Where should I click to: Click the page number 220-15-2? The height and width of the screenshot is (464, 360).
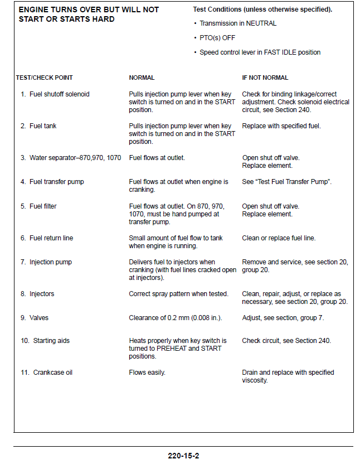(183, 455)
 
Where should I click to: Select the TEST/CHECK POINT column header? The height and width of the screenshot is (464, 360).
(44, 78)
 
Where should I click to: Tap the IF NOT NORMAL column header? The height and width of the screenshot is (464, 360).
(265, 78)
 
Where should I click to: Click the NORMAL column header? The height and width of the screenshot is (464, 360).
(142, 78)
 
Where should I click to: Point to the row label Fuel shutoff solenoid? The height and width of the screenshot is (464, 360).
(59, 94)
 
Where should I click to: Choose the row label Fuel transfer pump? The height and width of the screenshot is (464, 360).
(56, 182)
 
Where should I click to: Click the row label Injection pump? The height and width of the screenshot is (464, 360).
(50, 262)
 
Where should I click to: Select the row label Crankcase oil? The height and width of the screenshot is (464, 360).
(52, 372)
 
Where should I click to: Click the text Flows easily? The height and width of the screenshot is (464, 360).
(147, 372)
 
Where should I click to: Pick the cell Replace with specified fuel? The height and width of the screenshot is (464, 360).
(281, 126)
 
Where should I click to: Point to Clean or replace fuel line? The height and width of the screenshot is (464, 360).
(279, 238)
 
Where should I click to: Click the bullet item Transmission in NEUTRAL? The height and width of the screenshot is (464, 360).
(238, 23)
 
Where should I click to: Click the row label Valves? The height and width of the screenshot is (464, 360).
(38, 318)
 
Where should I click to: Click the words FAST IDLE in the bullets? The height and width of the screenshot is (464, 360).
(279, 52)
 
